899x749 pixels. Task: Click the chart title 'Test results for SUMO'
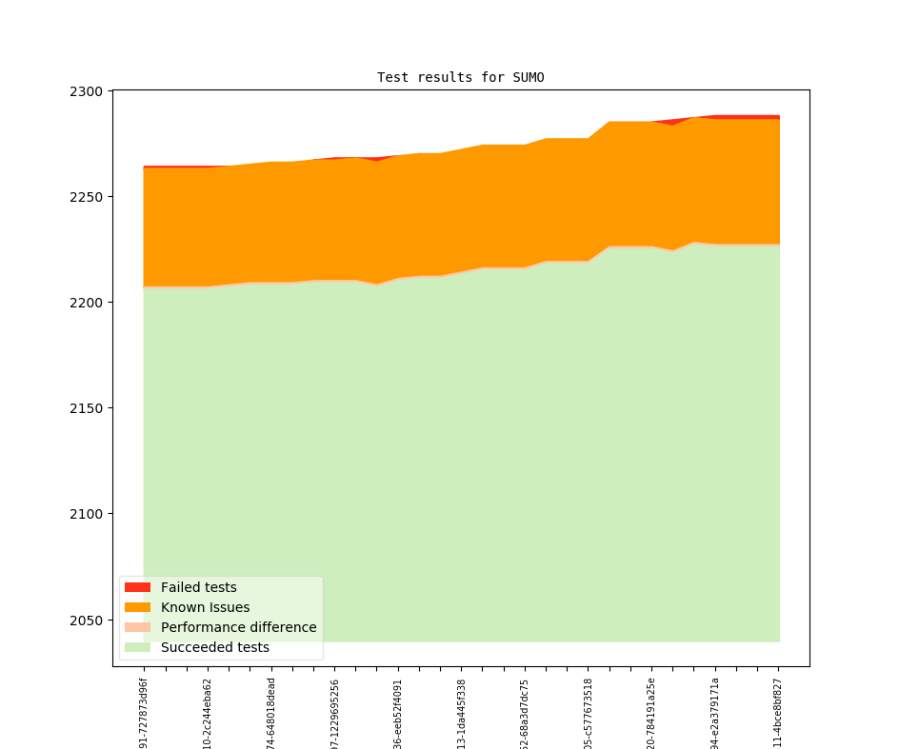tap(460, 77)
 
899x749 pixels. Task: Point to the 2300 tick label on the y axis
tap(88, 91)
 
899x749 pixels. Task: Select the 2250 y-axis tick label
tap(88, 197)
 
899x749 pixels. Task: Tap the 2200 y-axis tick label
tap(88, 303)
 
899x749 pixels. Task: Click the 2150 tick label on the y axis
tap(88, 408)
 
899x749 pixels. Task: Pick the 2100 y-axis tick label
tap(88, 514)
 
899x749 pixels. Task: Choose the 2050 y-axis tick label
tap(88, 621)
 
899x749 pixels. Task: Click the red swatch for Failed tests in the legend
tap(137, 587)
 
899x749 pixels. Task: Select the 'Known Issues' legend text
tap(205, 607)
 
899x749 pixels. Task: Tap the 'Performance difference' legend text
tap(238, 627)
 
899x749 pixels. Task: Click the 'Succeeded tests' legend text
tap(214, 647)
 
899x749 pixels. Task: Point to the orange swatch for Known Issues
tap(137, 607)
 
